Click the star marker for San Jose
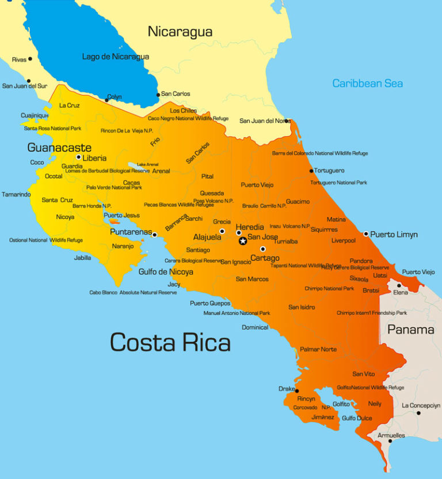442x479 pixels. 242,241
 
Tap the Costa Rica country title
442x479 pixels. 170,342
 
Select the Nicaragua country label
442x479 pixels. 180,32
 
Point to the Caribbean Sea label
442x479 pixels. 367,84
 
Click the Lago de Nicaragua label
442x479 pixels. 116,56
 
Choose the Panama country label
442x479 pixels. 410,330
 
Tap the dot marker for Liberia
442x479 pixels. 79,157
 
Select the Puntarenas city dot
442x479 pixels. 154,235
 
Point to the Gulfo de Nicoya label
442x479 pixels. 166,271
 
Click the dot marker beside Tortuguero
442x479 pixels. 311,171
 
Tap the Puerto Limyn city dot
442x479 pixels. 366,234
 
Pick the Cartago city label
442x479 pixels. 265,258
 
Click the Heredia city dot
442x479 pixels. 239,233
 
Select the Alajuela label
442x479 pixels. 207,237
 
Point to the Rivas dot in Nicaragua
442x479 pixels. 30,59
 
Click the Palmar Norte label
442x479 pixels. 318,349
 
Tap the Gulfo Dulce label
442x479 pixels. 357,418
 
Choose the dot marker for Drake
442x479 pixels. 297,391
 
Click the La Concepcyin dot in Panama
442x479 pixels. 418,413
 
